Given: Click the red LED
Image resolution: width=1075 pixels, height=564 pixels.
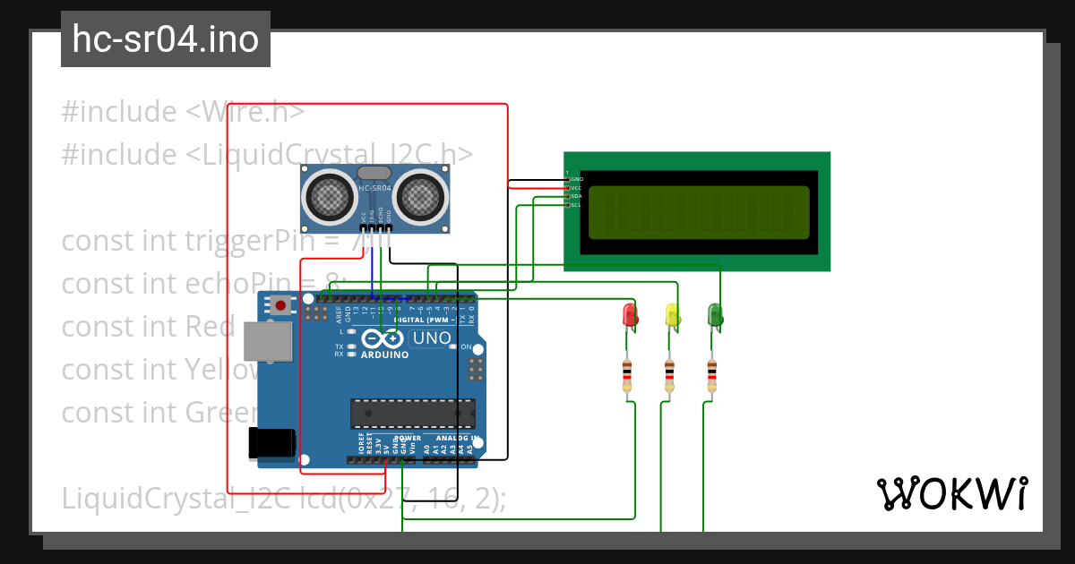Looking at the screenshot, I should pyautogui.click(x=630, y=314).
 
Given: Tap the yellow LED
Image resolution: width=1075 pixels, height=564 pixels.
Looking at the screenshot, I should pyautogui.click(x=672, y=314).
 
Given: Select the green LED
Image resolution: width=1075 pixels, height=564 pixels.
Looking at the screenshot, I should pyautogui.click(x=715, y=314).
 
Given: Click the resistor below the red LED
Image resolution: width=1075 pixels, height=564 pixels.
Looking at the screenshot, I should pyautogui.click(x=626, y=375).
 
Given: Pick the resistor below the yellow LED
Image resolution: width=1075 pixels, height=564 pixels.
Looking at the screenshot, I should pyautogui.click(x=669, y=375).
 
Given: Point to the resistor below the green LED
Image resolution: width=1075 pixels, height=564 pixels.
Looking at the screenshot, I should pyautogui.click(x=711, y=375).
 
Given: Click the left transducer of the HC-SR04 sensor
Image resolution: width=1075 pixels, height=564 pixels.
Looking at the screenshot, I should pyautogui.click(x=329, y=196).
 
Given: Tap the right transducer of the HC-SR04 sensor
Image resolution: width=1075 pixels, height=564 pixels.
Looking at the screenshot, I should pyautogui.click(x=419, y=196).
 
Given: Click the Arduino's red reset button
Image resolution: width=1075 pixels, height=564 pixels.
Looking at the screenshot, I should pyautogui.click(x=281, y=305).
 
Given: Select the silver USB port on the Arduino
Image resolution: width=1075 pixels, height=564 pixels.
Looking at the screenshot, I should pyautogui.click(x=268, y=342).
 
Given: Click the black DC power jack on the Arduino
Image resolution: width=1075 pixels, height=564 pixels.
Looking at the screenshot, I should pyautogui.click(x=271, y=443).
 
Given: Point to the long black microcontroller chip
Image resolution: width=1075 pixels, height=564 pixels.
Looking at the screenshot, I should pyautogui.click(x=412, y=414).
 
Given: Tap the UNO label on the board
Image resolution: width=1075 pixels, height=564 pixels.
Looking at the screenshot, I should pyautogui.click(x=430, y=338).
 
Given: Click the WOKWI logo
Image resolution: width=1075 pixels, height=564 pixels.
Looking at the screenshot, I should pyautogui.click(x=951, y=493).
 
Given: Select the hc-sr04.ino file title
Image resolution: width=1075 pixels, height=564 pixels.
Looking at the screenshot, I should pyautogui.click(x=166, y=39).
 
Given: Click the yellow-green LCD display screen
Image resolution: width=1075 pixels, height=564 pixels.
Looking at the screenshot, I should pyautogui.click(x=698, y=212).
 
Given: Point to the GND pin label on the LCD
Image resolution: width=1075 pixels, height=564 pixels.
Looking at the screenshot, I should pyautogui.click(x=577, y=179).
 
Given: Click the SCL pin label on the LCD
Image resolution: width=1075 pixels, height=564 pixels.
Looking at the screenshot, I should pyautogui.click(x=577, y=205).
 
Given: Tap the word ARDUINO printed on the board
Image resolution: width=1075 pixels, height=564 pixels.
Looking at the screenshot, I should pyautogui.click(x=384, y=355).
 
